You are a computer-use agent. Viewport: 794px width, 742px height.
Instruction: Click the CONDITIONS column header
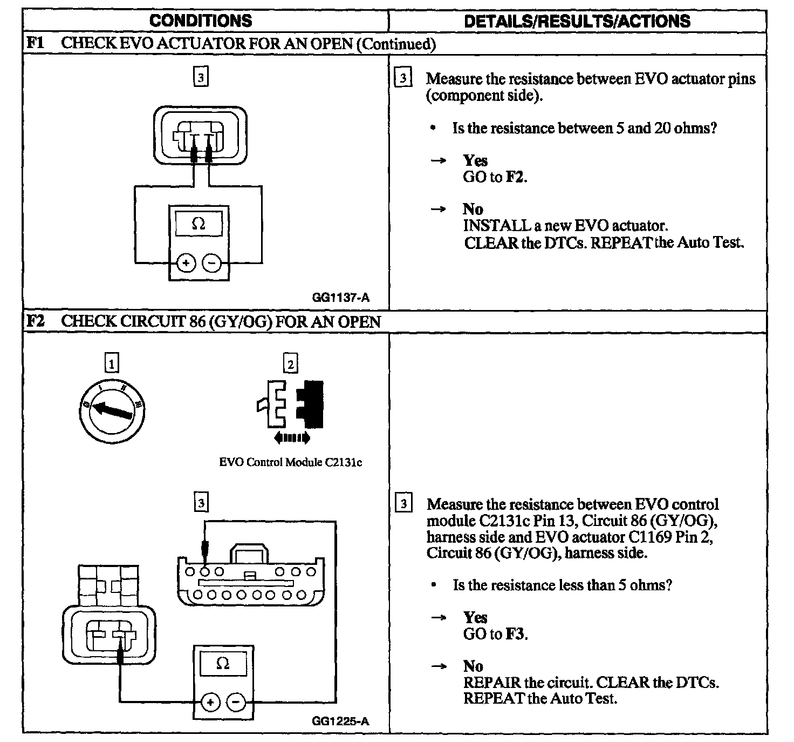pyautogui.click(x=201, y=21)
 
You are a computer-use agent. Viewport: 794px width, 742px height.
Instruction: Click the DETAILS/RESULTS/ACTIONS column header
pyautogui.click(x=577, y=21)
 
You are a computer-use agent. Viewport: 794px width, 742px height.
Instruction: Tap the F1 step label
pyautogui.click(x=36, y=43)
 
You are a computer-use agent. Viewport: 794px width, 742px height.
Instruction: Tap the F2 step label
pyautogui.click(x=36, y=321)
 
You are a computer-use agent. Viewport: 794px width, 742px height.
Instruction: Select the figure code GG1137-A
pyautogui.click(x=340, y=298)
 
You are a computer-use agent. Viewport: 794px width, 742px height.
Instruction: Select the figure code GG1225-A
pyautogui.click(x=340, y=721)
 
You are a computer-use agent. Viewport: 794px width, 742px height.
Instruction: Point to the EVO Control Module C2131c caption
pyautogui.click(x=290, y=462)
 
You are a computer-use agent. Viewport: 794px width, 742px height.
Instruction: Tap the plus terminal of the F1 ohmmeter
pyautogui.click(x=186, y=264)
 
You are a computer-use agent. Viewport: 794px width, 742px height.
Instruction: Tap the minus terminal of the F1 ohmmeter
pyautogui.click(x=212, y=264)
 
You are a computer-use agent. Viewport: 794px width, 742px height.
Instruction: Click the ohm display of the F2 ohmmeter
pyautogui.click(x=223, y=663)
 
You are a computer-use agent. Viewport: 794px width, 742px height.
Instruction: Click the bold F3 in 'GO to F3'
pyautogui.click(x=515, y=633)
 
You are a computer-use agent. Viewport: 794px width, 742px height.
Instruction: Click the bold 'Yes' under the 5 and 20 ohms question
pyautogui.click(x=475, y=160)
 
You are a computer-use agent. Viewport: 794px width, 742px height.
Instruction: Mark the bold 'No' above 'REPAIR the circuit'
pyautogui.click(x=473, y=666)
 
